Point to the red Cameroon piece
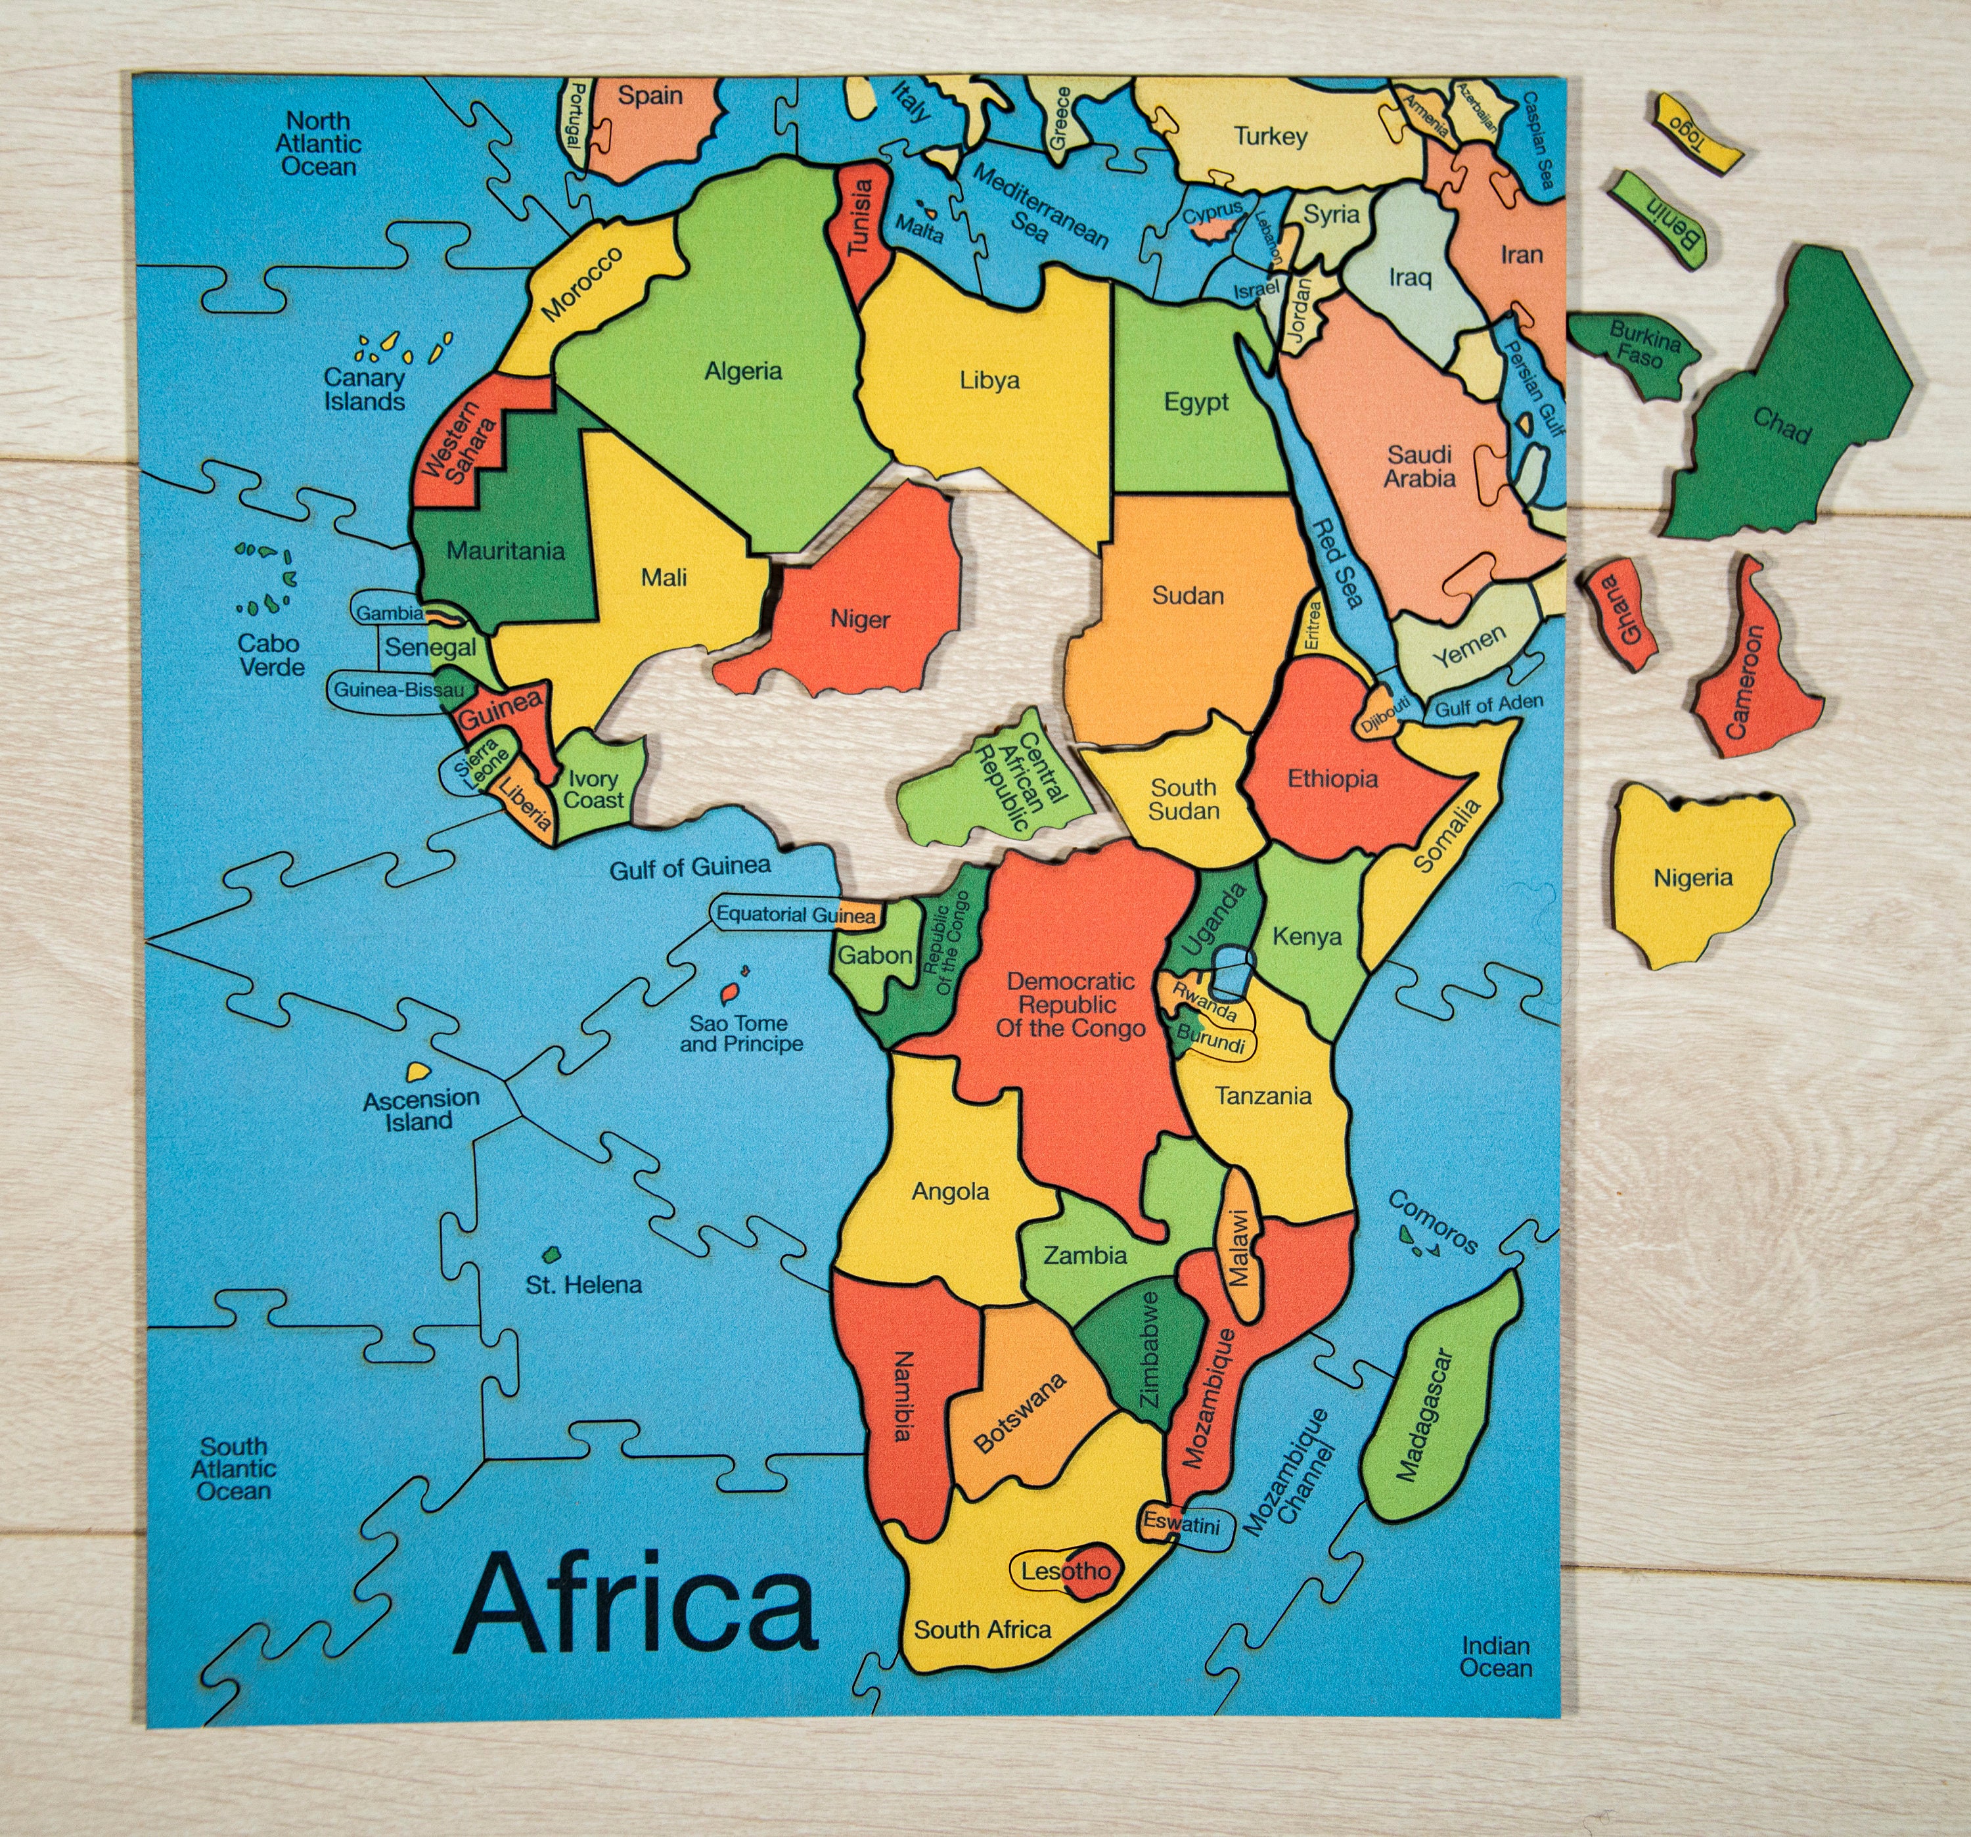(1753, 674)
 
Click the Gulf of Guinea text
(689, 867)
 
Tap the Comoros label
(1434, 1221)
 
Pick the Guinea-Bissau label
(397, 689)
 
